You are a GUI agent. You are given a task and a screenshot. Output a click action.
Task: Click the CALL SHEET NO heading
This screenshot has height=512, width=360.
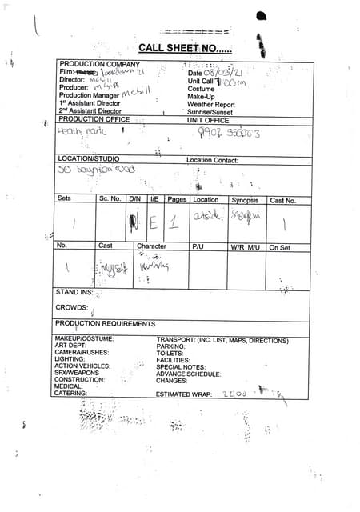(185, 47)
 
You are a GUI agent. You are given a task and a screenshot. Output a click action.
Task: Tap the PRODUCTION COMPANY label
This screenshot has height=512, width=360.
(100, 64)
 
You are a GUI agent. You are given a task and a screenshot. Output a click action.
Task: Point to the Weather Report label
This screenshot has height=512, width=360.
(211, 104)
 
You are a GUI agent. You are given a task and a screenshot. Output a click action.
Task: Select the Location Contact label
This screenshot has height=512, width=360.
(212, 160)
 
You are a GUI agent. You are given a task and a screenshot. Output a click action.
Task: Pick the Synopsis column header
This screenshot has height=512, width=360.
(246, 200)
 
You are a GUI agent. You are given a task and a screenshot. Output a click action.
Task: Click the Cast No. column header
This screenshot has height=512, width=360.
(282, 200)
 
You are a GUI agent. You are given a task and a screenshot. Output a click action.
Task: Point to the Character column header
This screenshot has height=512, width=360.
(151, 246)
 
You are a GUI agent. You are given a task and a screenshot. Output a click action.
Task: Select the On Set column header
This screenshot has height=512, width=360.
(280, 247)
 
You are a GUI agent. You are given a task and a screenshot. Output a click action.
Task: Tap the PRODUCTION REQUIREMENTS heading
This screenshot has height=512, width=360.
(105, 324)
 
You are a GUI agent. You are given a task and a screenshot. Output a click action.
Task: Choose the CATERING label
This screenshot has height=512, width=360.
(70, 394)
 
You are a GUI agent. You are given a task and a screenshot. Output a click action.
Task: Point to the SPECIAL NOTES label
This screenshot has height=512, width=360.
(182, 366)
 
